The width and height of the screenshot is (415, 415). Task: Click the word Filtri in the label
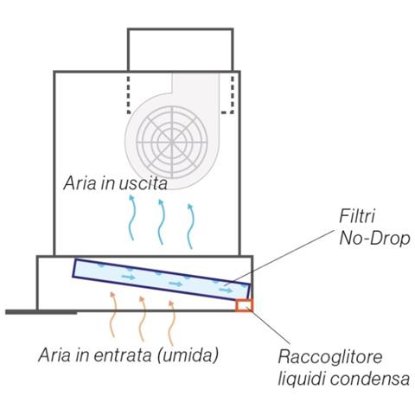[357, 216]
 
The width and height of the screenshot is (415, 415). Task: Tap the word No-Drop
[374, 239]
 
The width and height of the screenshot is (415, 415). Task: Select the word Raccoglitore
[330, 357]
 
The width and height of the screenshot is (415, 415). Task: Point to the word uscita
[143, 182]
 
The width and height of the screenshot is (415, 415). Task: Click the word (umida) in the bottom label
[188, 355]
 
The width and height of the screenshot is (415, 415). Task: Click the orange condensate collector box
[244, 305]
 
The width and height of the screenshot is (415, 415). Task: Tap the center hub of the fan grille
[172, 142]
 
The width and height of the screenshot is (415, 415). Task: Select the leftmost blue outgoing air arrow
[131, 218]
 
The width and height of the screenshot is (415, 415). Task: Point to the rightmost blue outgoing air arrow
[190, 226]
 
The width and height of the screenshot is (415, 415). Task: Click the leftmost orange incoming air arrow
[113, 314]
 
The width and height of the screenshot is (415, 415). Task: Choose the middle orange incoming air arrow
[142, 318]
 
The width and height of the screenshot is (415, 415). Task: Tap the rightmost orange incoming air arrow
[171, 322]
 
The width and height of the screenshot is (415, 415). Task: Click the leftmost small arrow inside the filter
[128, 278]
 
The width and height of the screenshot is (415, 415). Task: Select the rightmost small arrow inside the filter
[226, 290]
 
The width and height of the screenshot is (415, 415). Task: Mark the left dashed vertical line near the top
[128, 93]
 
